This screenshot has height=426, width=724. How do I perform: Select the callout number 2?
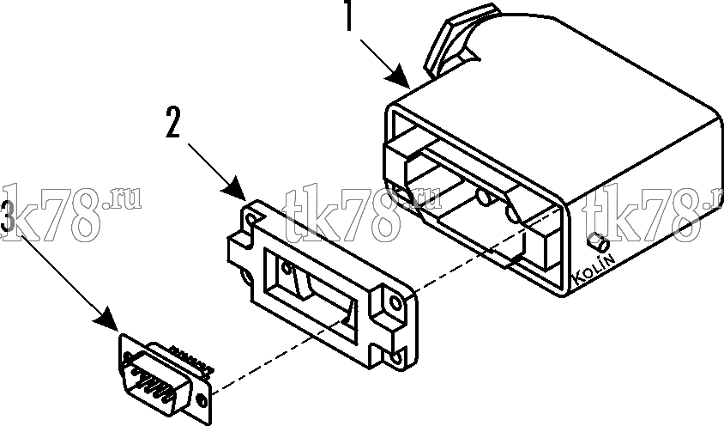(x=172, y=122)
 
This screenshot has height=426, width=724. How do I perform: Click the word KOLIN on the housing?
(x=594, y=270)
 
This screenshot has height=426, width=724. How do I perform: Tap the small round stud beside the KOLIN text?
(x=598, y=241)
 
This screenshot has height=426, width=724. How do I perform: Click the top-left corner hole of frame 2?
(x=251, y=218)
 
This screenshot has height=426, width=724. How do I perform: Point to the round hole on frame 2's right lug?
(x=395, y=303)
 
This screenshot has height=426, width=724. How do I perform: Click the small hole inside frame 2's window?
(x=287, y=267)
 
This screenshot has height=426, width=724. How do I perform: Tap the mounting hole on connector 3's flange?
(x=202, y=399)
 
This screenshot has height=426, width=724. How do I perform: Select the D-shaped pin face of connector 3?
(x=155, y=380)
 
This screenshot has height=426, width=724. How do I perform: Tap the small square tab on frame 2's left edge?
(x=239, y=251)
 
